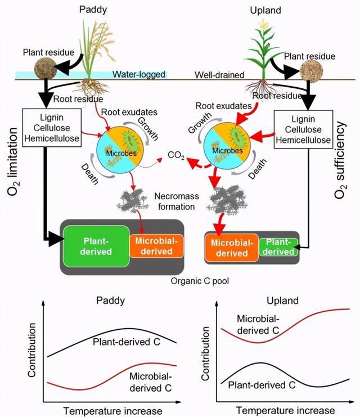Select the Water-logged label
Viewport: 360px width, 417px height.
139,74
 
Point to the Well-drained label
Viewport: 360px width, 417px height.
219,75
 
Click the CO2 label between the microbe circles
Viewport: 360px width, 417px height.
176,155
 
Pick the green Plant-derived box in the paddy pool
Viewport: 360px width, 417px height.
96,246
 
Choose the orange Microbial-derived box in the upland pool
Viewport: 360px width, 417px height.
231,248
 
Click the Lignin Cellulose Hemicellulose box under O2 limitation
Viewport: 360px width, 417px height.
52,128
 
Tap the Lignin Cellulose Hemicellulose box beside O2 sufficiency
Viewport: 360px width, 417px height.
303,129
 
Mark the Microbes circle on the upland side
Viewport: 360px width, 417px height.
227,146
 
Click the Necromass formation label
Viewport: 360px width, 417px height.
177,201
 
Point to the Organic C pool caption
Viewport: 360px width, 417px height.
200,281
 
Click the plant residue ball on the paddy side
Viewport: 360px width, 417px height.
46,68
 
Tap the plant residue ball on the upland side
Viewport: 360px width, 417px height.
312,71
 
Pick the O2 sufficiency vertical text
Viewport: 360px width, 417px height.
341,160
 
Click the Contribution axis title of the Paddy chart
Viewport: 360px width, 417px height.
31,350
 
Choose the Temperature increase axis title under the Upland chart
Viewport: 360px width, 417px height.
285,410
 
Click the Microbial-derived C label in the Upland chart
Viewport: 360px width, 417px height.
258,325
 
